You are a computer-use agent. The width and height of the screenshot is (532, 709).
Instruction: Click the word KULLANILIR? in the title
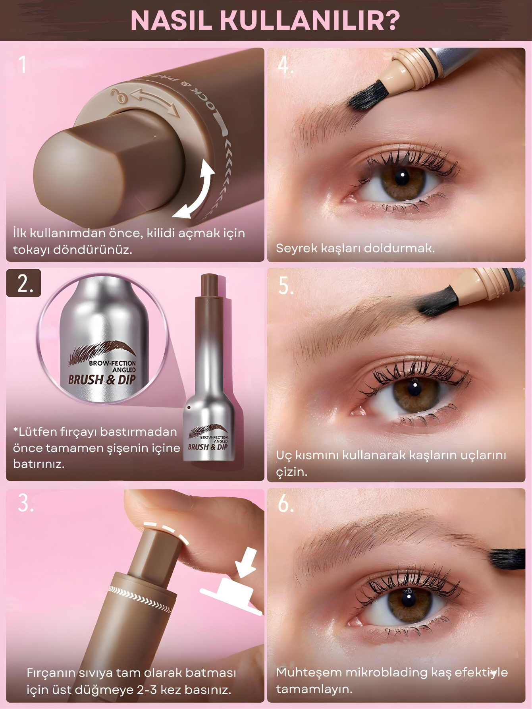[x=310, y=21]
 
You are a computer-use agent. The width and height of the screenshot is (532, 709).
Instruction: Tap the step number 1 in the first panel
[x=23, y=65]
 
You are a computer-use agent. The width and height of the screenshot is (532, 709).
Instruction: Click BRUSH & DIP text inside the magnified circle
[x=102, y=379]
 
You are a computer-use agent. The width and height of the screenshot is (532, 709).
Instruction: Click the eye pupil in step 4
[x=402, y=177]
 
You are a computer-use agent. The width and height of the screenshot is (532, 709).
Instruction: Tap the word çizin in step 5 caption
[x=291, y=472]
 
